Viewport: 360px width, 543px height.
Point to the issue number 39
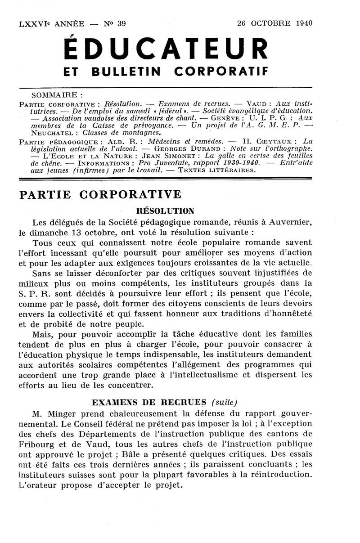(121, 24)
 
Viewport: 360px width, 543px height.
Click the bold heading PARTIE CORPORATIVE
(100, 194)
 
